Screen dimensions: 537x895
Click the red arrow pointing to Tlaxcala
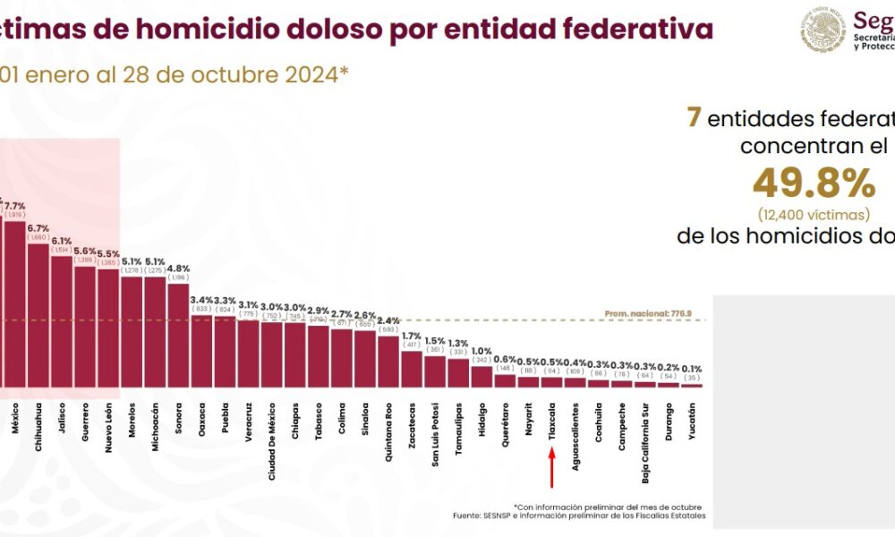coord(552,466)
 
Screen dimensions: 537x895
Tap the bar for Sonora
coord(178,335)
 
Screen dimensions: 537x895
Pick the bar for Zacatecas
coord(412,368)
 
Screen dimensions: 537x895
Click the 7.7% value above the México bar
coord(15,206)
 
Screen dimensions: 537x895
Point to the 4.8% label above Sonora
coord(178,268)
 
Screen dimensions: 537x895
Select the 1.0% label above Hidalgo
coord(482,351)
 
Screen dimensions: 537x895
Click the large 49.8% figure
coord(813,183)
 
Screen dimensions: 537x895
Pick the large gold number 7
coord(692,117)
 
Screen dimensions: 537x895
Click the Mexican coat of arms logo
coord(823,30)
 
